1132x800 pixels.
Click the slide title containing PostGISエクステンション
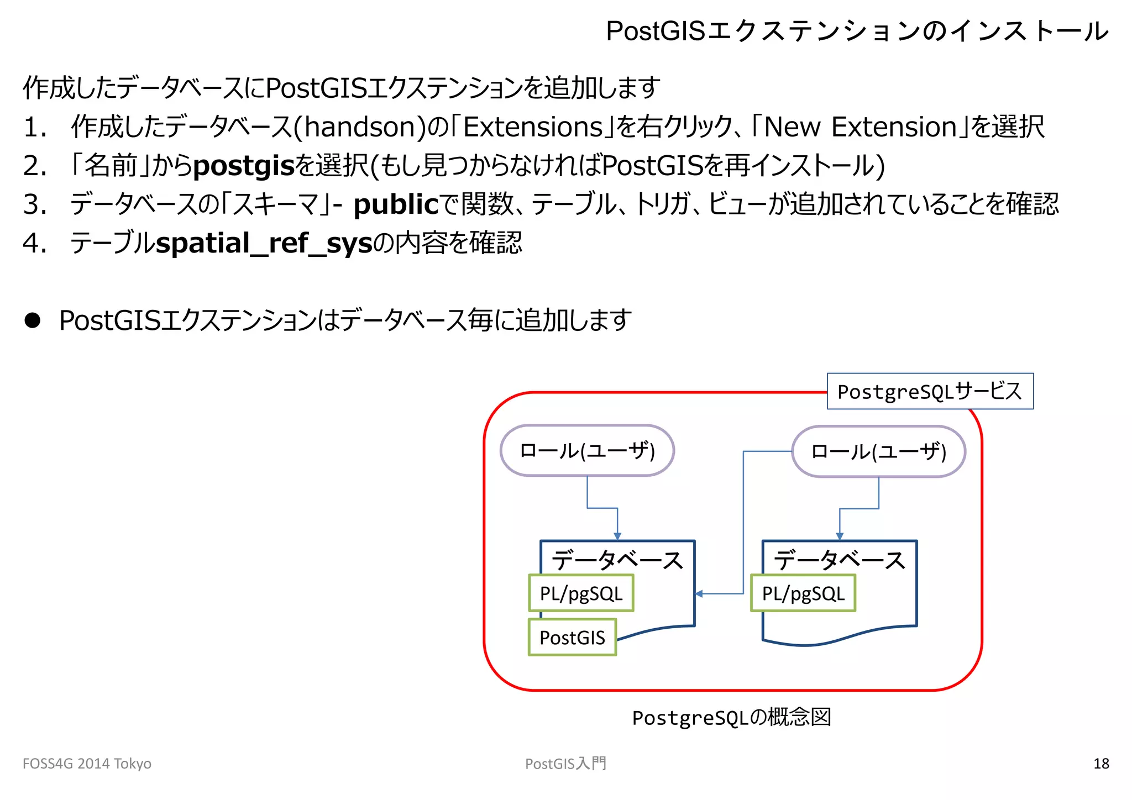coord(857,31)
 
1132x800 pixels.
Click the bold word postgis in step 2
coord(244,166)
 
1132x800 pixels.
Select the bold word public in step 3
coord(396,204)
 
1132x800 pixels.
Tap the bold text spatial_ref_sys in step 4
coord(264,243)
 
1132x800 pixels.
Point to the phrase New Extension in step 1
coord(860,127)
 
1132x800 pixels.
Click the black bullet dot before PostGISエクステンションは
coord(33,320)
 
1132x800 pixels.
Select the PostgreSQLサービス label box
coord(930,391)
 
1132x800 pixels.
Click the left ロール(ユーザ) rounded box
coord(587,451)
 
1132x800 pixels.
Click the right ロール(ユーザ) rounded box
coord(878,452)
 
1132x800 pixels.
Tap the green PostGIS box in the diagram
coord(572,638)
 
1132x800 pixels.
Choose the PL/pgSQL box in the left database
coord(581,593)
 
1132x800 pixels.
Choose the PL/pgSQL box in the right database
coord(803,593)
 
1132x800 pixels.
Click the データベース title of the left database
coord(617,560)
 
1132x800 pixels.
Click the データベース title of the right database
coord(840,560)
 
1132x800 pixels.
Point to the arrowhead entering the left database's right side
coord(699,594)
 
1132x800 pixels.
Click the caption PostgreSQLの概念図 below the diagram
coord(731,717)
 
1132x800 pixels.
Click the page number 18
coord(1100,764)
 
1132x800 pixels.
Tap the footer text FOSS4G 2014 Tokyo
coord(87,764)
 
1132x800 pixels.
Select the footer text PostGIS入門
coord(565,764)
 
